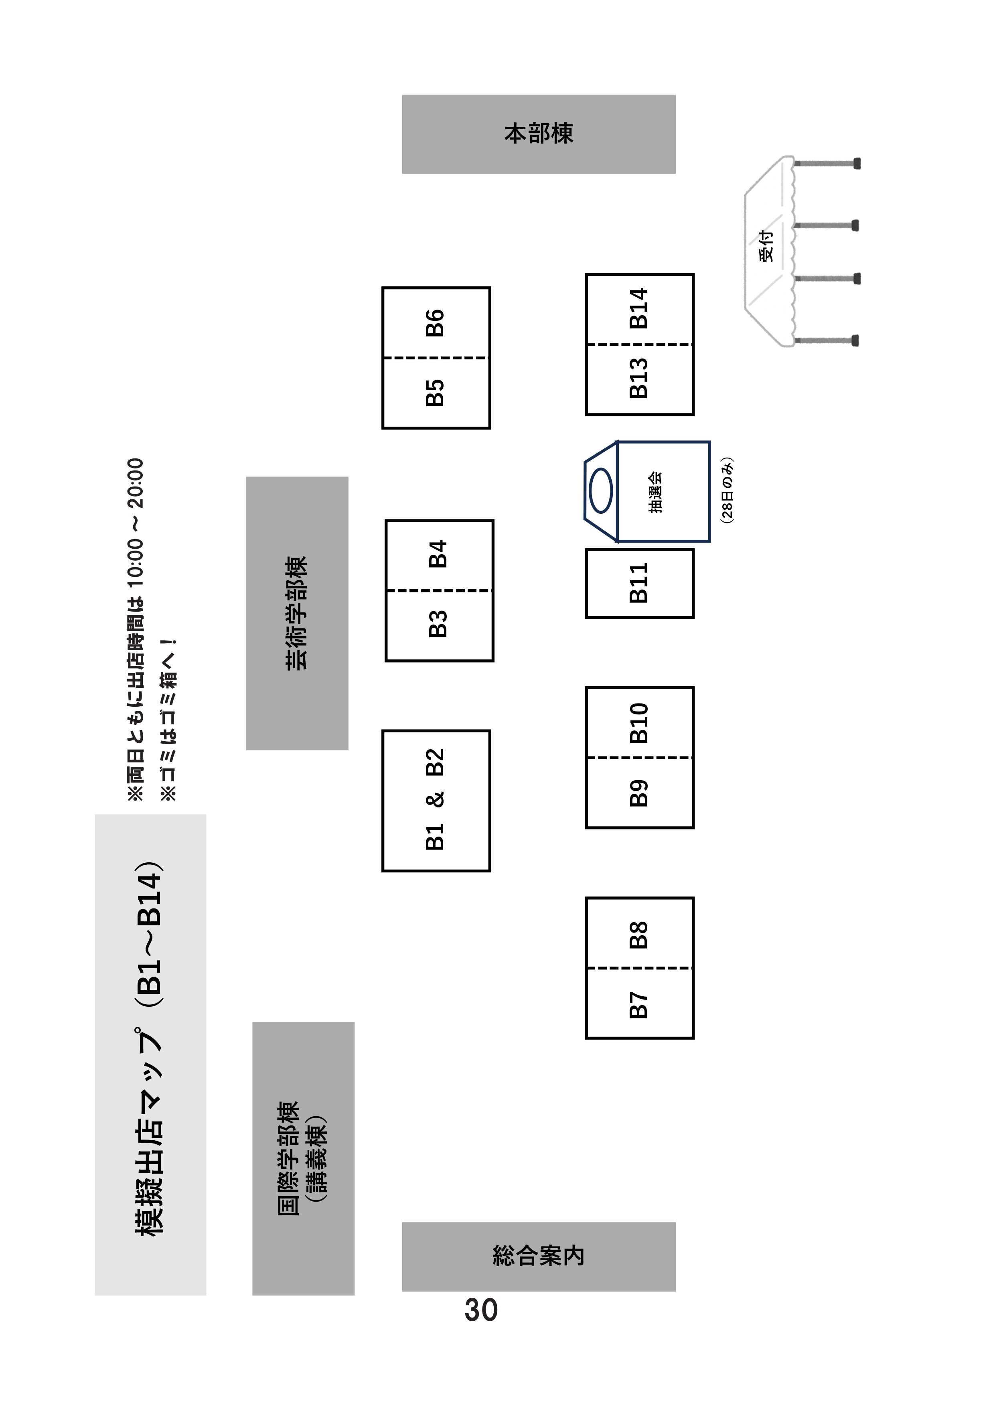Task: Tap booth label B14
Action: [638, 308]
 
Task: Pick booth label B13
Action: [638, 379]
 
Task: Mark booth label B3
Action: [438, 624]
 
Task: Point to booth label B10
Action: [638, 723]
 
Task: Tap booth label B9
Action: [638, 793]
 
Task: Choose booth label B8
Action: [638, 935]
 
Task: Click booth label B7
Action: [638, 1005]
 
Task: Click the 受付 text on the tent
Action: [766, 246]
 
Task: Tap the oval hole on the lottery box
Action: [600, 491]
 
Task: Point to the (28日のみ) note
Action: [727, 490]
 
